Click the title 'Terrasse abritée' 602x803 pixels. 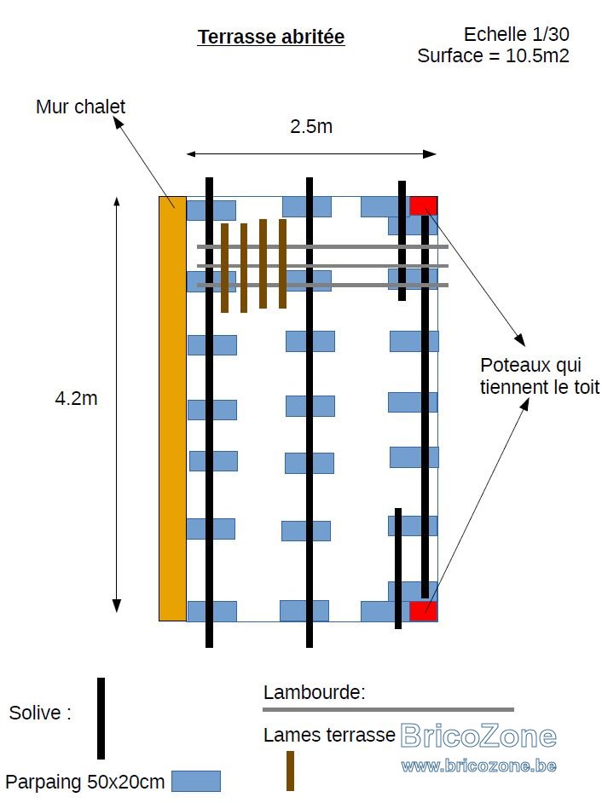point(271,37)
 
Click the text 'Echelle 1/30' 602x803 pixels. point(517,34)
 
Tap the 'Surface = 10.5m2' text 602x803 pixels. point(493,55)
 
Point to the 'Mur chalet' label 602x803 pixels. point(80,107)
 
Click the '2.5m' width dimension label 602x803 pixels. point(311,126)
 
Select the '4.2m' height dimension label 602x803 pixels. point(76,398)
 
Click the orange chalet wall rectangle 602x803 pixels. point(172,408)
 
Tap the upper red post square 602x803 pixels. point(423,206)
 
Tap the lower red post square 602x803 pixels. point(423,611)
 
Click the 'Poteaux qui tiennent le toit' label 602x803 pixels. point(540,376)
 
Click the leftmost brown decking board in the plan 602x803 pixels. point(224,268)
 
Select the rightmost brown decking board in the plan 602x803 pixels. point(282,263)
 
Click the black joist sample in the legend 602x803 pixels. point(101,719)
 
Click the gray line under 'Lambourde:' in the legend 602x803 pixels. point(388,710)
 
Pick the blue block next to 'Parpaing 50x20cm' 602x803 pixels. point(196,781)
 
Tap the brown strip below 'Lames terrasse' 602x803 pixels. point(291,771)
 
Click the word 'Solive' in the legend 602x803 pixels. point(34,713)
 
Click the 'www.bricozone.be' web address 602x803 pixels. point(478,765)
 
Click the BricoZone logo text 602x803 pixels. point(478,736)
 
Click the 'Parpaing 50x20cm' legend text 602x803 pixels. point(85,783)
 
